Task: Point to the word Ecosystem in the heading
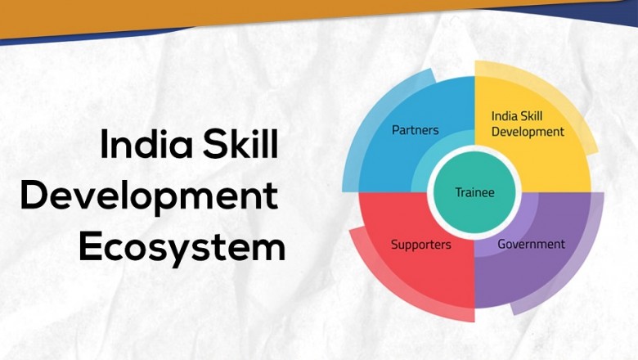tap(182, 247)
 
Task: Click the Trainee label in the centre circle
tap(475, 192)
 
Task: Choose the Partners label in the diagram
tap(415, 129)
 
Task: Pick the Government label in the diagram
tap(531, 244)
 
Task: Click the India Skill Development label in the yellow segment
tap(528, 124)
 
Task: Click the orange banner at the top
tap(327, 12)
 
